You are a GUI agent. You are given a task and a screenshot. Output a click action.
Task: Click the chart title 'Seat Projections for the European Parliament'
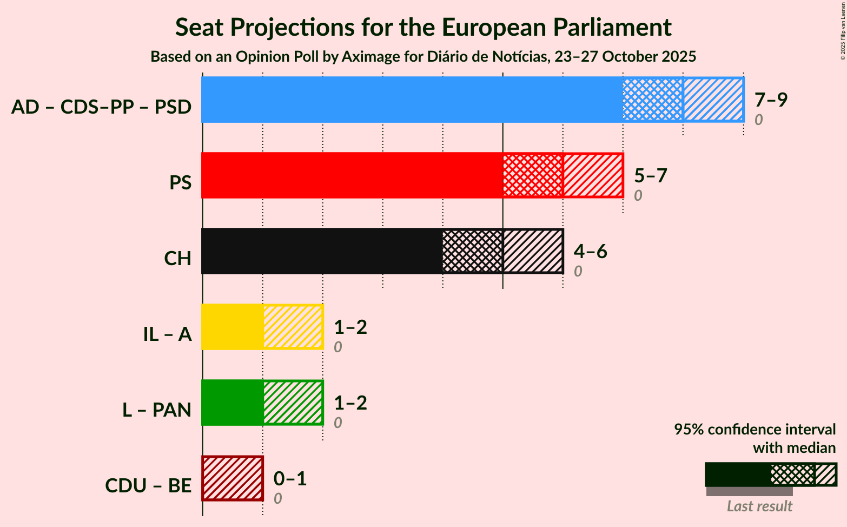(423, 27)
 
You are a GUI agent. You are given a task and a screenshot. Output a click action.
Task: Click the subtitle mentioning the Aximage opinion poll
(423, 57)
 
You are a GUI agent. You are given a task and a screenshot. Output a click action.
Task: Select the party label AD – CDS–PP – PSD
(101, 107)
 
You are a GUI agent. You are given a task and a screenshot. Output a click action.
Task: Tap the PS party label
(180, 183)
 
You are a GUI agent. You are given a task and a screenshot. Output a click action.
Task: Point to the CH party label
(177, 259)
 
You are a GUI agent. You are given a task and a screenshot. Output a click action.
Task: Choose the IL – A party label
(167, 334)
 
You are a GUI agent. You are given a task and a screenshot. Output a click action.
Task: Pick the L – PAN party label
(157, 410)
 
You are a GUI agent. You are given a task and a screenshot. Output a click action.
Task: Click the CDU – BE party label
(148, 486)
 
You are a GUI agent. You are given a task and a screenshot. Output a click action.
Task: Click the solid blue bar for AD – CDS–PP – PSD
(411, 100)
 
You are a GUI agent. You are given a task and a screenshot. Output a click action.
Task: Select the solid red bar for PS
(352, 175)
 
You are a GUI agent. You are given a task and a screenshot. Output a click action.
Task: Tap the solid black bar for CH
(322, 251)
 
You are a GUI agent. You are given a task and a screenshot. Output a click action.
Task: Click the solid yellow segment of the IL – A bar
(232, 327)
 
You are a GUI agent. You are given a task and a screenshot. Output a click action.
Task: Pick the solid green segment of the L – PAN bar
(232, 403)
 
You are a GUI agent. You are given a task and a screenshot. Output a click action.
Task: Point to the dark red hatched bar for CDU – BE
(233, 478)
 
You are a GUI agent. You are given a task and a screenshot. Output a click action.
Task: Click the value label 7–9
(771, 100)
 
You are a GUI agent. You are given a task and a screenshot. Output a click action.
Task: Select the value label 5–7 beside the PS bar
(651, 175)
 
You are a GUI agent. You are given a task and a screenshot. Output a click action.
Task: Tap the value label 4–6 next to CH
(591, 251)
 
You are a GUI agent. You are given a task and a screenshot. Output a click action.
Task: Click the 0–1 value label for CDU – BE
(290, 478)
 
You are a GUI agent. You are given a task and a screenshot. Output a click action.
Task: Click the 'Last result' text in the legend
(759, 506)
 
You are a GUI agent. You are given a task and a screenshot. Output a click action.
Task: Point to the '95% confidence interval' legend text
(755, 430)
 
